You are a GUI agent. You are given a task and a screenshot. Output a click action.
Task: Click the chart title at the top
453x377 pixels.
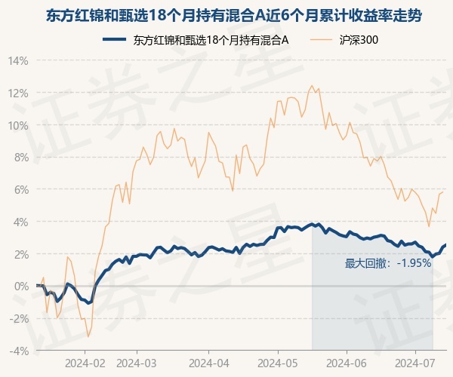(x=234, y=16)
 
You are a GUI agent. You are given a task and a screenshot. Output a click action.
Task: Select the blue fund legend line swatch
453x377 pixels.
(x=115, y=39)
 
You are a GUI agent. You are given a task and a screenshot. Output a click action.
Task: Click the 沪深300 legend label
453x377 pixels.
(x=359, y=40)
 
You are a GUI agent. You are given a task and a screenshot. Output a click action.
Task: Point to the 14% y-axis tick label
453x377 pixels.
(x=18, y=61)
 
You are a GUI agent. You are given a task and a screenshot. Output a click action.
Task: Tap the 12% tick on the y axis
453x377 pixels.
(x=18, y=93)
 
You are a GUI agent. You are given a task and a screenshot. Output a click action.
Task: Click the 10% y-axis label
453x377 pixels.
(x=18, y=126)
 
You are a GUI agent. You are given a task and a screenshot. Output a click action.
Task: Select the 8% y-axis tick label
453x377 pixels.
(x=21, y=158)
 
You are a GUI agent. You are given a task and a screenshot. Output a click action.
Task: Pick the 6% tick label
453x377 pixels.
(x=21, y=190)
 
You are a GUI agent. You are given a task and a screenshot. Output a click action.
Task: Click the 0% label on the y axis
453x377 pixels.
(x=21, y=287)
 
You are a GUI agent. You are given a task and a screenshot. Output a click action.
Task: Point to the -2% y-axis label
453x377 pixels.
(x=19, y=319)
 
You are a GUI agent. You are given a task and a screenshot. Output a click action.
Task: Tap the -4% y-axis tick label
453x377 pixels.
(x=19, y=351)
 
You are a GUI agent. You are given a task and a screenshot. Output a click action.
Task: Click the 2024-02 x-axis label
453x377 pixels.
(x=85, y=363)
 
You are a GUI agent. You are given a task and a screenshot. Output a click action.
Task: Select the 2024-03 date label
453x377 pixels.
(x=137, y=363)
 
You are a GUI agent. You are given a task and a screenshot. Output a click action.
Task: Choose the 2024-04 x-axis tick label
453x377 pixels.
(x=209, y=363)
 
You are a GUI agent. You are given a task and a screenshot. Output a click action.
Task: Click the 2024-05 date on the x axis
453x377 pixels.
(x=278, y=363)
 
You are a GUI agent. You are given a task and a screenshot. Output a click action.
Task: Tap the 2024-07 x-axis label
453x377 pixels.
(x=414, y=363)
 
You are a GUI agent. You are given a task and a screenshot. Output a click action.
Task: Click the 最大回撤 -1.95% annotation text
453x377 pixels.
(x=388, y=263)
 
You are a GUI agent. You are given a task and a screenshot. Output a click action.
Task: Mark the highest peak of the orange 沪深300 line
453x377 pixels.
(x=311, y=85)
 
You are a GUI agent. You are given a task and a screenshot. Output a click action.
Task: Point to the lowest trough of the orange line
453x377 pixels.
(x=88, y=336)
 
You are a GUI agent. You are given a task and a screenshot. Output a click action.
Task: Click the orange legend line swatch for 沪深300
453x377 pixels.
(x=322, y=39)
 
